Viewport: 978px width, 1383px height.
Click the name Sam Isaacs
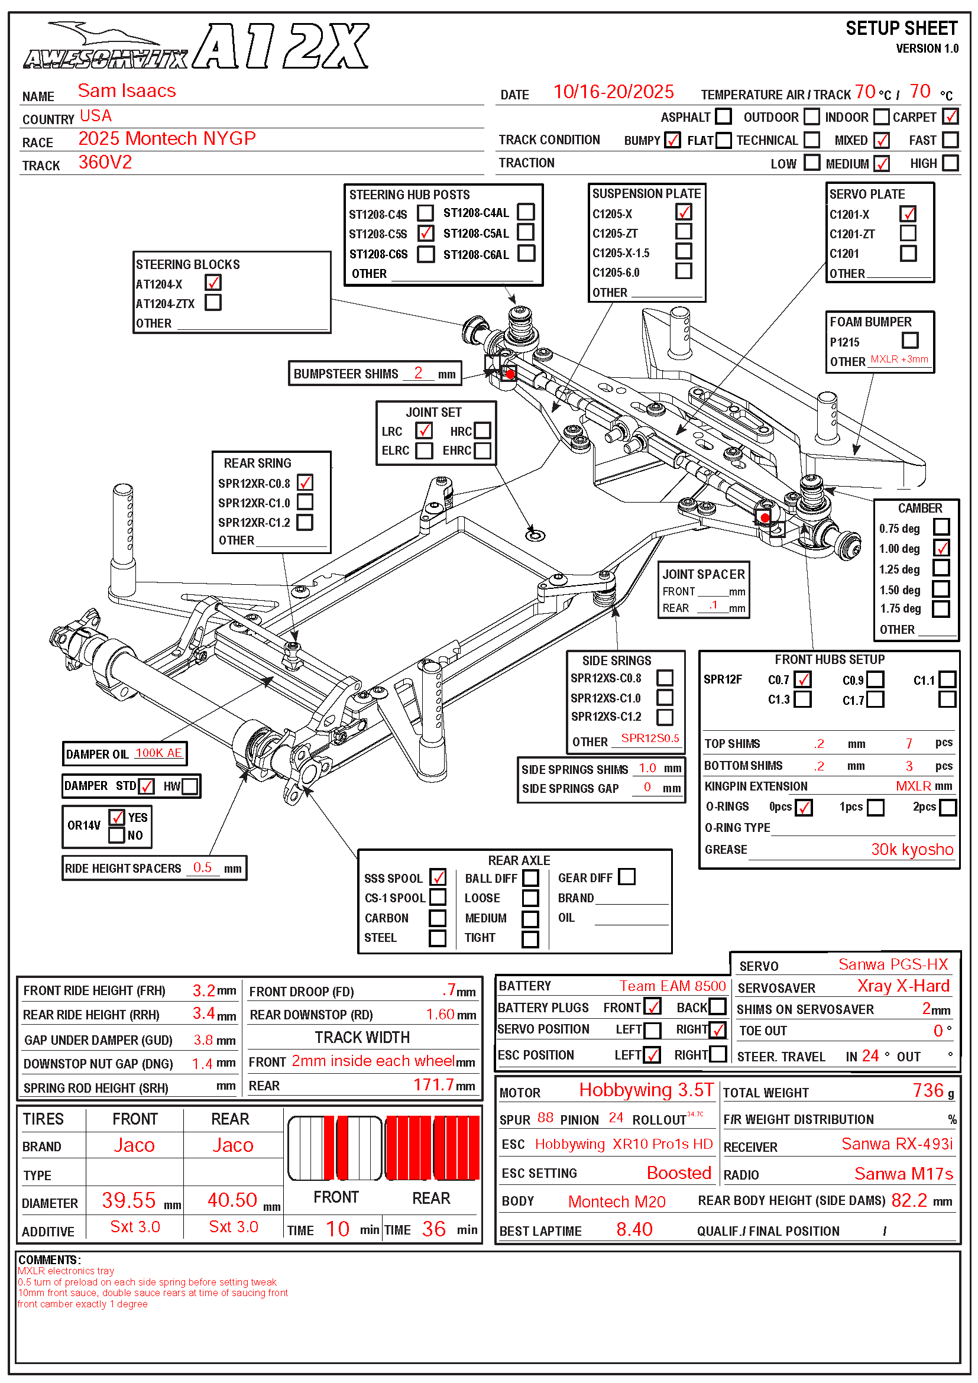(127, 91)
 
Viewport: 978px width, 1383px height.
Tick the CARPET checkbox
(950, 116)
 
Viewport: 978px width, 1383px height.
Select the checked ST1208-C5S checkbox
(426, 233)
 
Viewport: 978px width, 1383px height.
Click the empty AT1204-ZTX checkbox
(213, 302)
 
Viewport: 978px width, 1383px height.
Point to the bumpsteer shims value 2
(418, 373)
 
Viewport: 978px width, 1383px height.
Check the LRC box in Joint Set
(424, 430)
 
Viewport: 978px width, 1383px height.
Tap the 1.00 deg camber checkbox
(941, 548)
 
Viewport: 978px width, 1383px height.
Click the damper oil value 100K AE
(158, 753)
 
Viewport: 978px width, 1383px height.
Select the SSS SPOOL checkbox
(438, 877)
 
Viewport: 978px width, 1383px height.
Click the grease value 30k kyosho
(912, 849)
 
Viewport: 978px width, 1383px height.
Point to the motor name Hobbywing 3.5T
(646, 1090)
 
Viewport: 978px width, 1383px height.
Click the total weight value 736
(927, 1090)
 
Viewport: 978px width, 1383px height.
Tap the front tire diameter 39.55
(129, 1200)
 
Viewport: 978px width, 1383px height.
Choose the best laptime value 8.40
(634, 1229)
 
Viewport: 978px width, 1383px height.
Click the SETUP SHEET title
(901, 29)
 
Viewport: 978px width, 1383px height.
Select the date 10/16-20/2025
(613, 92)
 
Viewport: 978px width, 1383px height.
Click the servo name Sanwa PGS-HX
(893, 964)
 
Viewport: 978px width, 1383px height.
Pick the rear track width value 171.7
(433, 1085)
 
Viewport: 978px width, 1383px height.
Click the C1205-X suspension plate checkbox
(684, 213)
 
